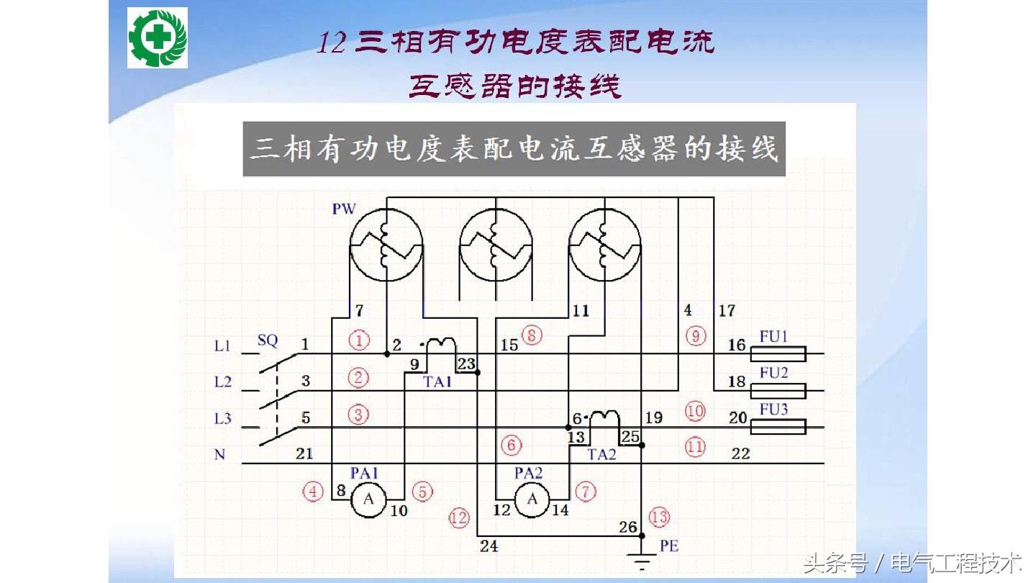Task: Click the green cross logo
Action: point(158,38)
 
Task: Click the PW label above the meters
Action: point(344,209)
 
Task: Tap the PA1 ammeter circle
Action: point(369,500)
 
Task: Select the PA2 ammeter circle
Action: point(532,500)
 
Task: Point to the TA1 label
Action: point(437,381)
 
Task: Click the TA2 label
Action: point(601,454)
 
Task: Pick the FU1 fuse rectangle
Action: point(778,354)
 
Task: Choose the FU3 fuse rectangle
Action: point(778,428)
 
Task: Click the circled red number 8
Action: point(532,335)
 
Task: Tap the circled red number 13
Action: point(659,517)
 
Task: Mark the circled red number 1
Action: point(358,340)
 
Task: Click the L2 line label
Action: point(223,381)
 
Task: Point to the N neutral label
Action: point(219,455)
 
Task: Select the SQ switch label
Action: point(267,340)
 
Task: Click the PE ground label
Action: point(669,546)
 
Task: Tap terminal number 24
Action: point(489,546)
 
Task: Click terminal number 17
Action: point(727,311)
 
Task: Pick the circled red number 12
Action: point(458,517)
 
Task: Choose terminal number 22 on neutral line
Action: point(740,454)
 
